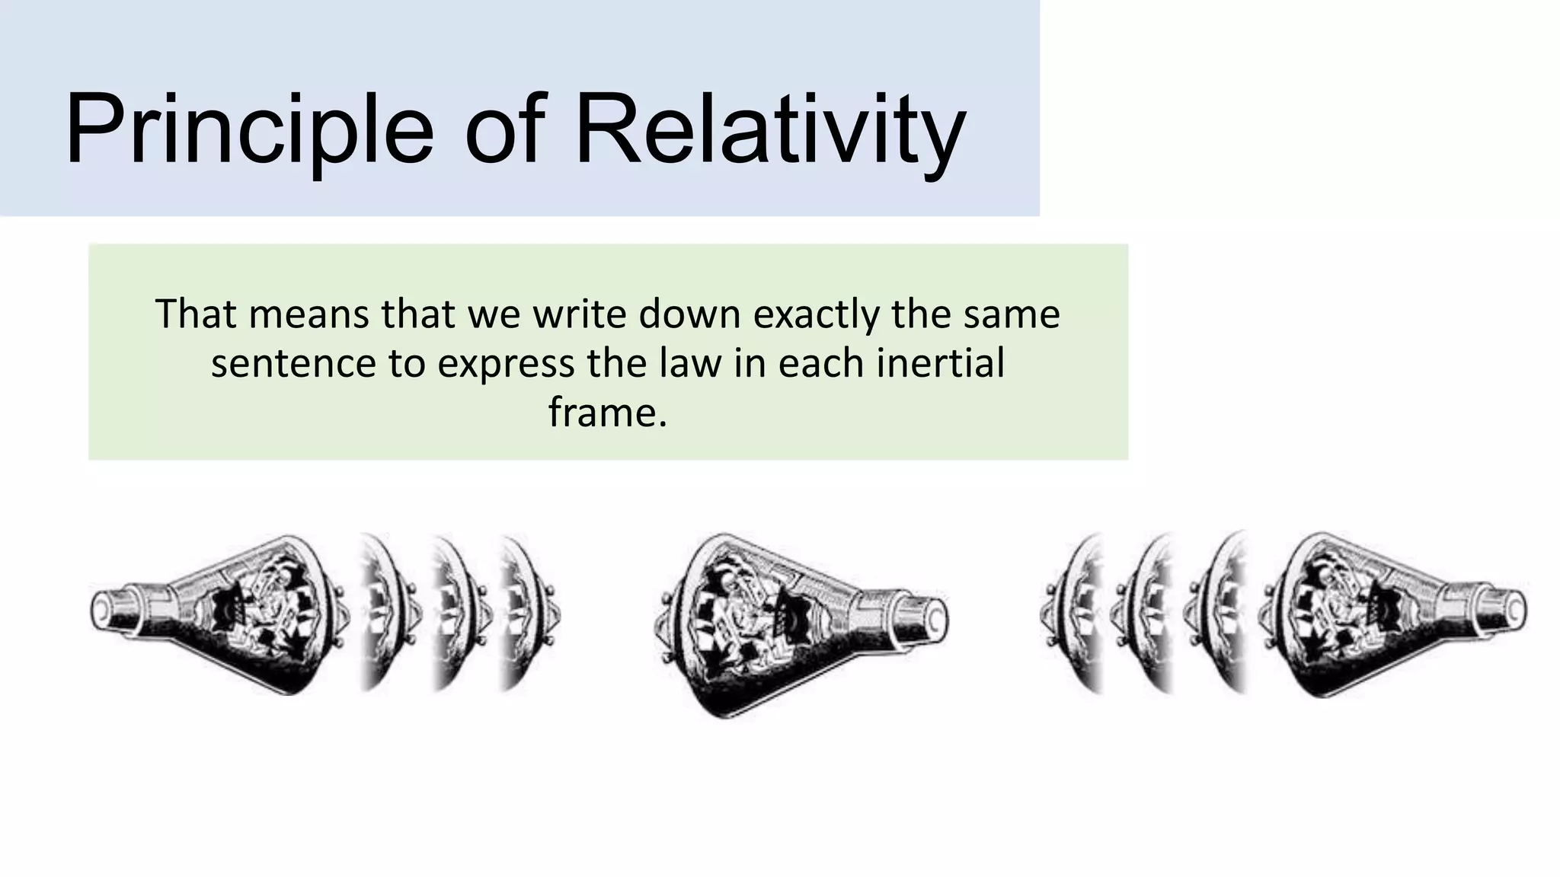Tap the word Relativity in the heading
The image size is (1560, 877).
(x=770, y=129)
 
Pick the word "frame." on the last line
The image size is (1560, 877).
(x=607, y=412)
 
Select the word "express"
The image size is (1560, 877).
(x=506, y=363)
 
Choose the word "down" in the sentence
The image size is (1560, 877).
(x=690, y=314)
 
